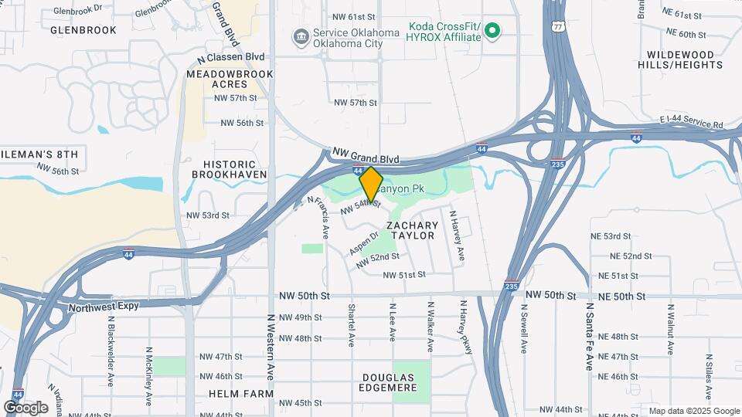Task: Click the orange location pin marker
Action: (371, 184)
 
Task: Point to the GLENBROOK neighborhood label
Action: (83, 30)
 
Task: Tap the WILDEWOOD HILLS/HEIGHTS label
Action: (680, 59)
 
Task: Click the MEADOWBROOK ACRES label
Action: (230, 79)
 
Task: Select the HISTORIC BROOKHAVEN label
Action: (234, 169)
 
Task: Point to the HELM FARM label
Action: (240, 393)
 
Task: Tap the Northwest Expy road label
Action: (103, 307)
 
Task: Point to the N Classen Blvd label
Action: (230, 57)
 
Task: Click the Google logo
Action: (26, 407)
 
